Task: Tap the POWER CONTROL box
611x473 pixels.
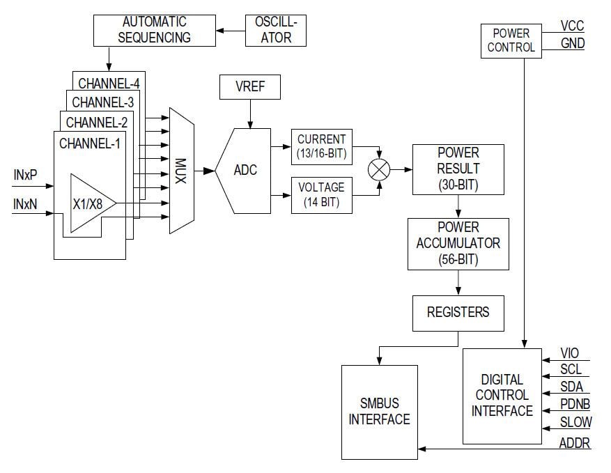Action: (x=511, y=40)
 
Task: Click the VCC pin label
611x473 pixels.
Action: (x=572, y=26)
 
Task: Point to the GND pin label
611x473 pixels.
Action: (x=573, y=43)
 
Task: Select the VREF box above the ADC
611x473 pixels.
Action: (x=251, y=88)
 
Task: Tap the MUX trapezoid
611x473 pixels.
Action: (x=180, y=170)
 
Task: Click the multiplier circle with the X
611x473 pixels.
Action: (x=379, y=170)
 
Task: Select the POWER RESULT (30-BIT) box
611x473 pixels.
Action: (x=458, y=169)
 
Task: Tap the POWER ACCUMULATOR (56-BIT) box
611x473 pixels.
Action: (x=458, y=243)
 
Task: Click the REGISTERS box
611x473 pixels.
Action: (x=458, y=311)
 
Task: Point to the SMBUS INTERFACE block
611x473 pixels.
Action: (x=379, y=411)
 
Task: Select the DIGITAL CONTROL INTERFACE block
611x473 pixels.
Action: (x=502, y=395)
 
